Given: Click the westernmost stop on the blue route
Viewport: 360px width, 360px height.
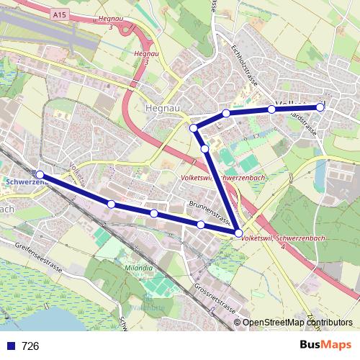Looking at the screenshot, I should click(40, 175).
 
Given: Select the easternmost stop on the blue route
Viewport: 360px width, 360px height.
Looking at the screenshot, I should click(320, 107).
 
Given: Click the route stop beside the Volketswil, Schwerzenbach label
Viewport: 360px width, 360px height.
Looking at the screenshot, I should click(238, 233).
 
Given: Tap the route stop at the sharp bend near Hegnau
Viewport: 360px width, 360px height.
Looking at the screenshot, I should click(194, 128).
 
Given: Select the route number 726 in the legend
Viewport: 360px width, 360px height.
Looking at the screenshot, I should click(30, 346).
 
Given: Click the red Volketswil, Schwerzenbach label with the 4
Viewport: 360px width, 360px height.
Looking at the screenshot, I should click(282, 238).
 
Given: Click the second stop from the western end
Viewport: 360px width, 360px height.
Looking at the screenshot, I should click(111, 204).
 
